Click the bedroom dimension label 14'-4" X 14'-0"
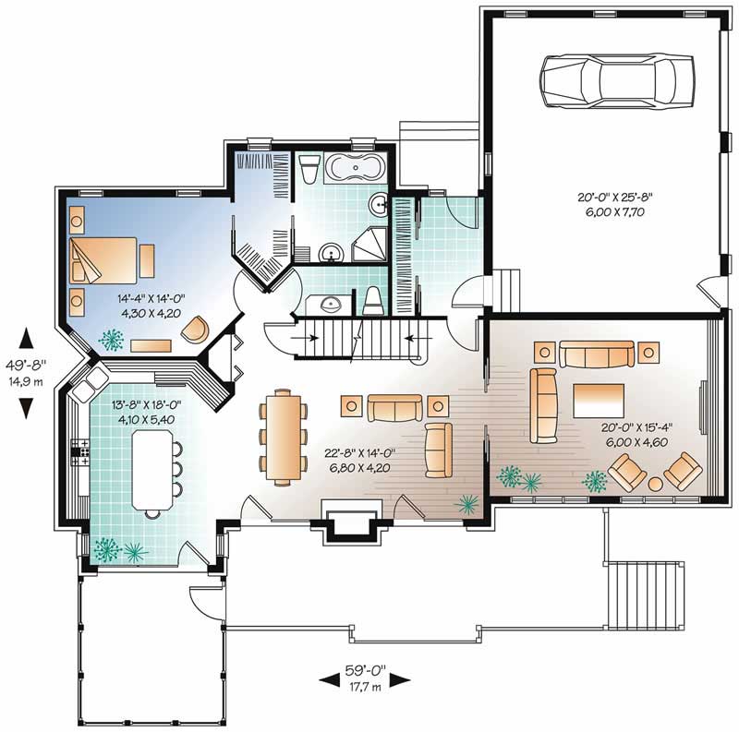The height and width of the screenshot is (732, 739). tap(152, 305)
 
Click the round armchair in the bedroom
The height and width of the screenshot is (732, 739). tap(196, 329)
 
